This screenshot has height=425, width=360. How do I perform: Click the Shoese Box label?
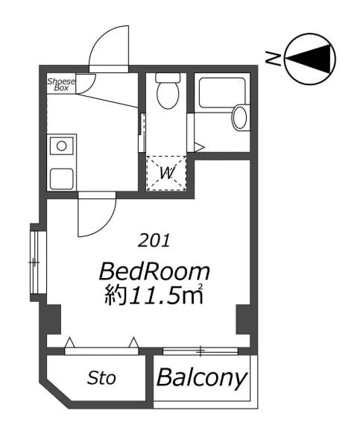[61, 84]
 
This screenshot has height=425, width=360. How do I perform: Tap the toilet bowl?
[168, 95]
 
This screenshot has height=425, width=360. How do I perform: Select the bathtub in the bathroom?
[222, 93]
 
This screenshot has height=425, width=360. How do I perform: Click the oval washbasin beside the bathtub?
[240, 118]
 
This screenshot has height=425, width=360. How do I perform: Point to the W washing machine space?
[167, 173]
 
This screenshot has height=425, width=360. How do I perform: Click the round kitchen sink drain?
[61, 146]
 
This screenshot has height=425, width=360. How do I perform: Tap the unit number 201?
[154, 240]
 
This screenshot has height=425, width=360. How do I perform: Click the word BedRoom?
[154, 271]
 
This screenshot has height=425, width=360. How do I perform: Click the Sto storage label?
[101, 378]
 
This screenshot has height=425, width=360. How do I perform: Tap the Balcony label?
[202, 378]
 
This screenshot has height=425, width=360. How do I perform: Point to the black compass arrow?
[309, 59]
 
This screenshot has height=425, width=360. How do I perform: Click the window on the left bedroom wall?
[34, 262]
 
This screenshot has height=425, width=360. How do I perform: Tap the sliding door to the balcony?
[200, 351]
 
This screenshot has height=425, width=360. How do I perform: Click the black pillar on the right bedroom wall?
[243, 320]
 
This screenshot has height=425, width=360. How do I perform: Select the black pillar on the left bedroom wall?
[54, 320]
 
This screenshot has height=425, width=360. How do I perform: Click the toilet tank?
[168, 78]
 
